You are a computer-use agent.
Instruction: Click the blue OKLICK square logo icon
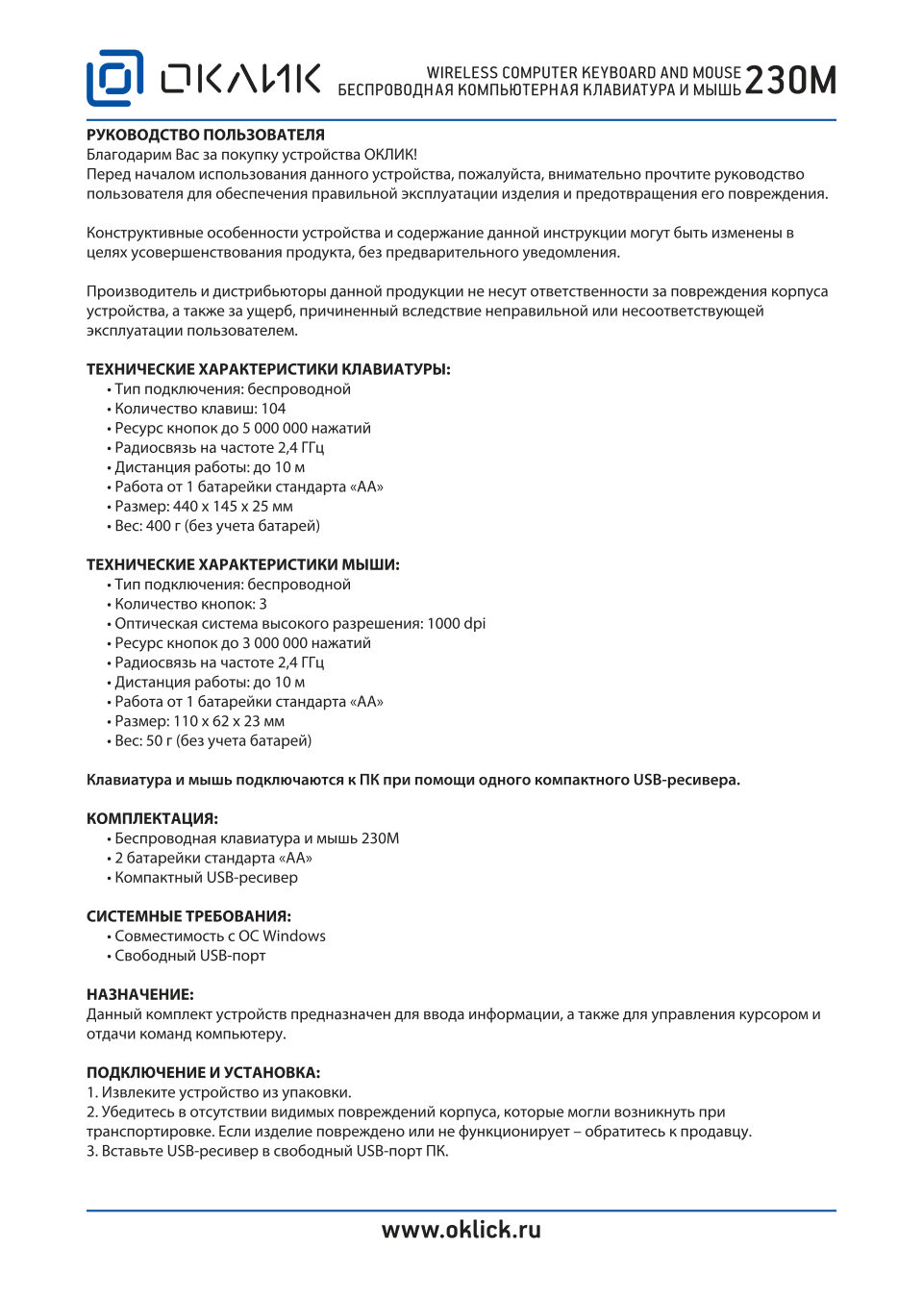coord(114,78)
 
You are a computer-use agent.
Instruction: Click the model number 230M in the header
coord(790,82)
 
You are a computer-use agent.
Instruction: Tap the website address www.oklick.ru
coord(461,1230)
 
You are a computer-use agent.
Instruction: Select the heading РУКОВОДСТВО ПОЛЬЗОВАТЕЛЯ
coord(206,135)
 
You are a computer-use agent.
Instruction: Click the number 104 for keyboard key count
coord(273,409)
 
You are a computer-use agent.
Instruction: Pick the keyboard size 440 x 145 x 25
coord(221,506)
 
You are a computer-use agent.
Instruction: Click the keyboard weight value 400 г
coord(159,526)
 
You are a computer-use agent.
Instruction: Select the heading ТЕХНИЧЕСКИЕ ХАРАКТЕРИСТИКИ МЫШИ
coord(242,564)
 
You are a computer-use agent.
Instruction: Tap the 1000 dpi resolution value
coord(456,623)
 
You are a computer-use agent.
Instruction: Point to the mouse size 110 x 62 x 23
coord(216,721)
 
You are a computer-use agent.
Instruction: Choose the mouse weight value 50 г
coord(159,740)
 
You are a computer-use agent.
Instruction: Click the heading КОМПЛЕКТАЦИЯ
coord(152,818)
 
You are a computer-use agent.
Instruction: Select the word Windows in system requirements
coord(294,936)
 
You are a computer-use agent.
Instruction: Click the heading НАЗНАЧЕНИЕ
coord(140,994)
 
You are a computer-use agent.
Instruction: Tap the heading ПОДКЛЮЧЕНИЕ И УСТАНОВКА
coord(203,1072)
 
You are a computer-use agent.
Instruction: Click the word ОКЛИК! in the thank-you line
coord(389,155)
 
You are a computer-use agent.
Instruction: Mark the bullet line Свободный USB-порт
coord(189,956)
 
